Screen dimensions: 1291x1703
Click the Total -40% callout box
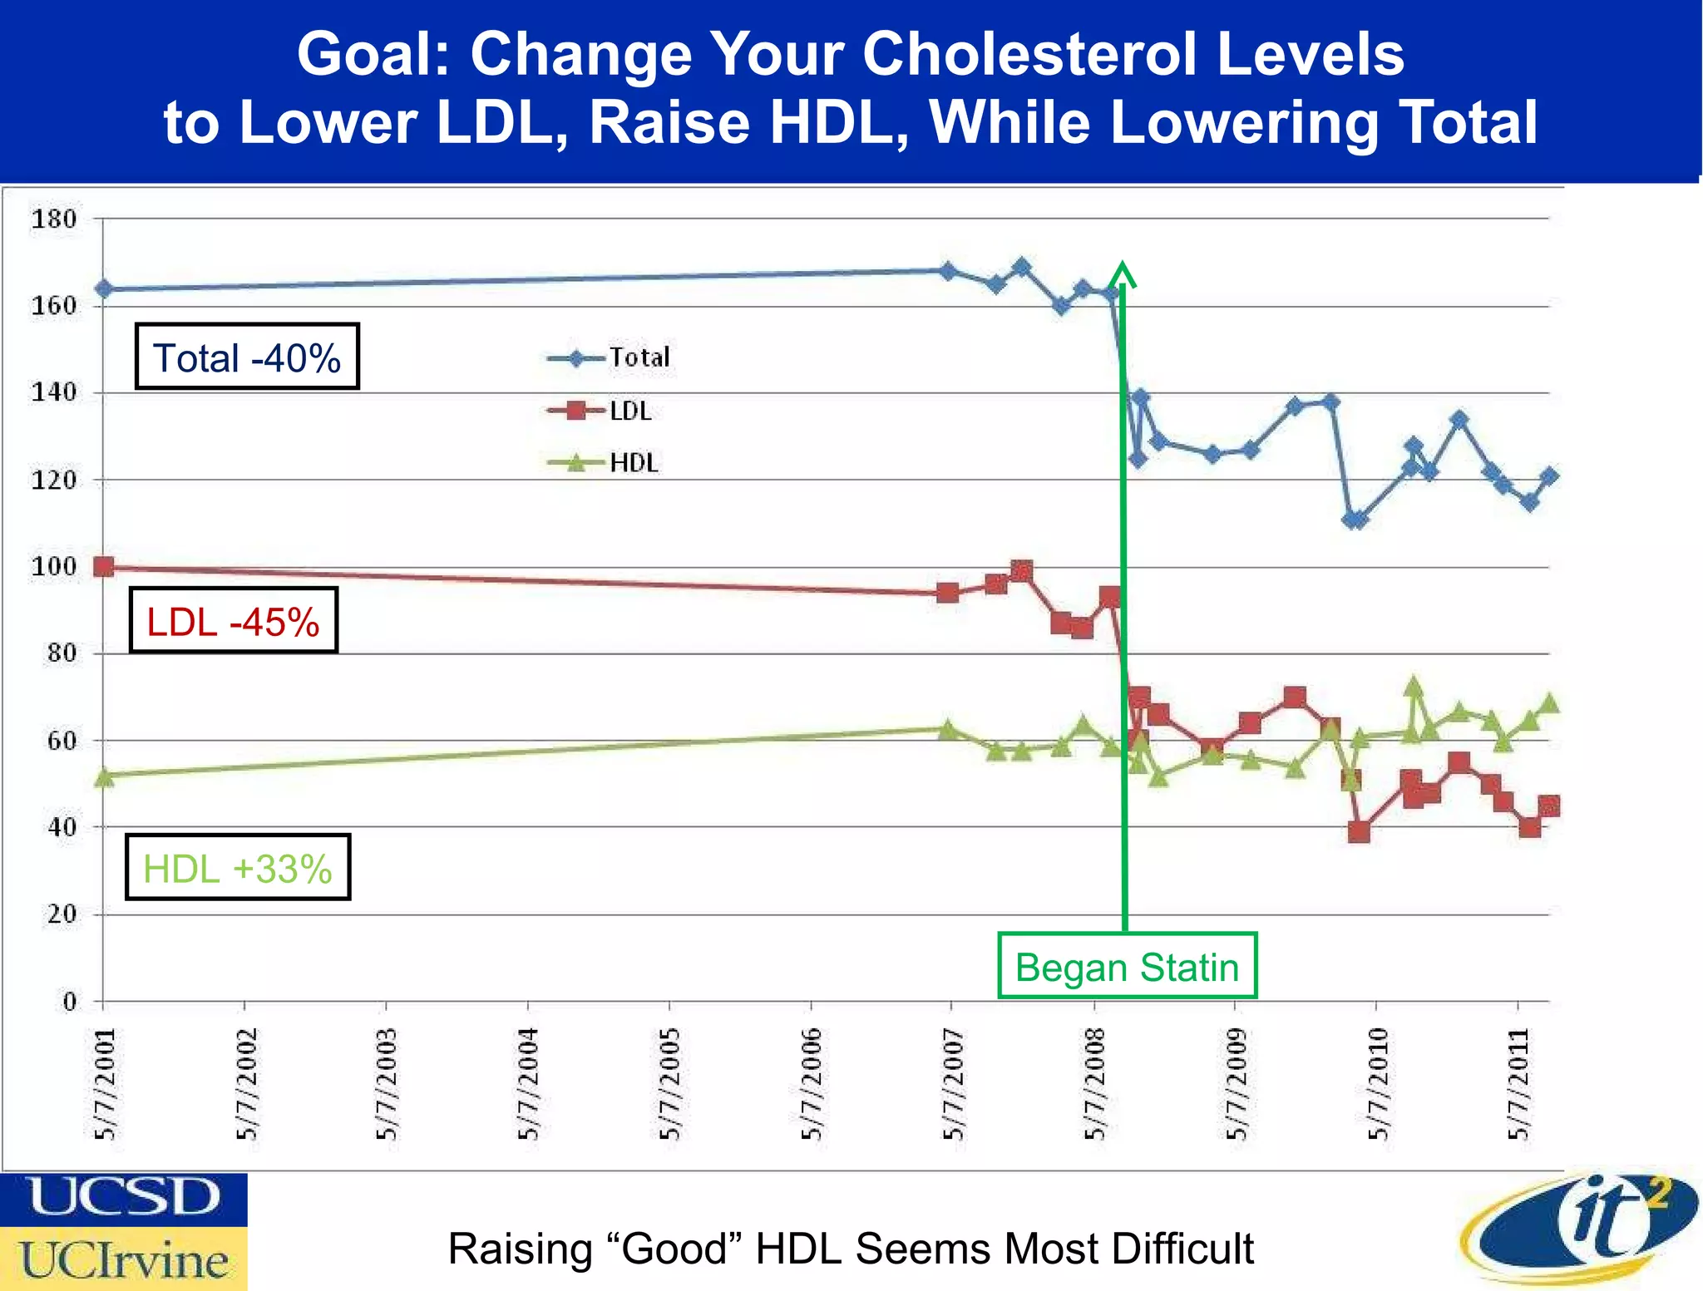(247, 357)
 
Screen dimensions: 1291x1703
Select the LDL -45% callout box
(234, 621)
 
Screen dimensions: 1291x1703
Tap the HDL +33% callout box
(238, 868)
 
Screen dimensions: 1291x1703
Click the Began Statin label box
(1127, 967)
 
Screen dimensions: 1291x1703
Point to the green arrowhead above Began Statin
(1123, 273)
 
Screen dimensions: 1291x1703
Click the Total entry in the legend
(610, 358)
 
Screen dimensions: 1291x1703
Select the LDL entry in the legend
(602, 411)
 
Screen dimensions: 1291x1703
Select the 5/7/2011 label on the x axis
(1518, 1084)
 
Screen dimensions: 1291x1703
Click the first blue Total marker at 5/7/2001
(104, 289)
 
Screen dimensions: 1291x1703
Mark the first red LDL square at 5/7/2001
(104, 567)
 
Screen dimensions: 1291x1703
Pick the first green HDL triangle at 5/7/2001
(104, 777)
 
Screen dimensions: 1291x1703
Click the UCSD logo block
(123, 1198)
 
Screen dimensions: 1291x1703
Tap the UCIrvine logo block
(123, 1259)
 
